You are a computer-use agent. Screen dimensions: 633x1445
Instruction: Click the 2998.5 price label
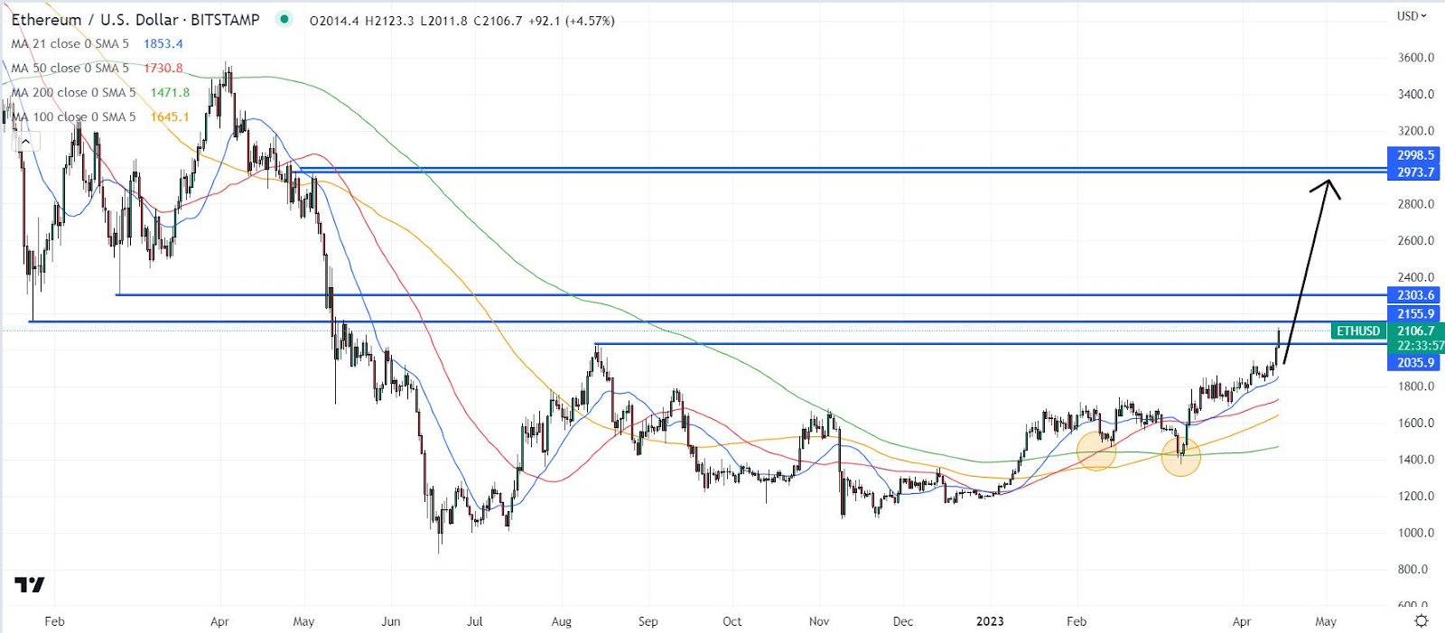point(1414,155)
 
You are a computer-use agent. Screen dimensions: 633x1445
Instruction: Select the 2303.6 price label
point(1414,295)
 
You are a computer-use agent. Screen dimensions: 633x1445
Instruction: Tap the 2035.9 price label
point(1414,363)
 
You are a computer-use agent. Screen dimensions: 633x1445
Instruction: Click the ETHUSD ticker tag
point(1358,331)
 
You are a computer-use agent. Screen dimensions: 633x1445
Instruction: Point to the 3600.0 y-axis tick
point(1415,58)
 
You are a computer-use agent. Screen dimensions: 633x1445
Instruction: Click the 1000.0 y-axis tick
point(1415,533)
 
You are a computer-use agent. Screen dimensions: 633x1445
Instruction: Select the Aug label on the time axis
point(562,621)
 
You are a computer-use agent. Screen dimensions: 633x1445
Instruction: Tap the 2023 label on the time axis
point(990,621)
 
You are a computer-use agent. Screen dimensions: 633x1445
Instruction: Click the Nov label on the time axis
point(819,621)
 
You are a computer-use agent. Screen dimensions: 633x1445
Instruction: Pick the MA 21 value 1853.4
point(163,43)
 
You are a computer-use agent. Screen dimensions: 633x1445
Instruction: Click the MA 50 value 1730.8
point(163,68)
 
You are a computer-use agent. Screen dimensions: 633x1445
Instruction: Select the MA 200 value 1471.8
point(170,92)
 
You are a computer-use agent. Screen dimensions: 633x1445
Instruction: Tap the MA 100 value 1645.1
point(170,116)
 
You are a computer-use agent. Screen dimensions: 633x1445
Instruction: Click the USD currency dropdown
point(1412,15)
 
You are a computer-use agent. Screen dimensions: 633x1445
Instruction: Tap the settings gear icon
point(1421,621)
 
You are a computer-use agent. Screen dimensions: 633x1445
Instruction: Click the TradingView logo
point(29,585)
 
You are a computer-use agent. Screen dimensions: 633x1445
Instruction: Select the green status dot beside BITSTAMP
point(284,19)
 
